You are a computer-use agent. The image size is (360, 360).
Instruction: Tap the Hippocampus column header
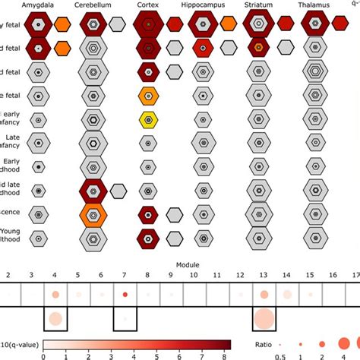tap(202, 5)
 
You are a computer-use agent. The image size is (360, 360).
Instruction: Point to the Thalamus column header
tap(314, 5)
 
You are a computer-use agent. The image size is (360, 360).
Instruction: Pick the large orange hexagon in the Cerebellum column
tap(93, 213)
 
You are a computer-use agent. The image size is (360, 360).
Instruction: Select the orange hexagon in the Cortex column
tap(148, 96)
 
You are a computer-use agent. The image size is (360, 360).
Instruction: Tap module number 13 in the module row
tap(263, 273)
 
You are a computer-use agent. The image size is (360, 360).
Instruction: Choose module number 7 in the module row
tap(124, 273)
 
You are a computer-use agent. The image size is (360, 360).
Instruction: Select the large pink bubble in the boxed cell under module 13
tap(263, 319)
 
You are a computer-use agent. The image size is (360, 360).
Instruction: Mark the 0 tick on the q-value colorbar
tap(43, 355)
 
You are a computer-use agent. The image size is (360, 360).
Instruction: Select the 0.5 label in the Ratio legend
tap(279, 355)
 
